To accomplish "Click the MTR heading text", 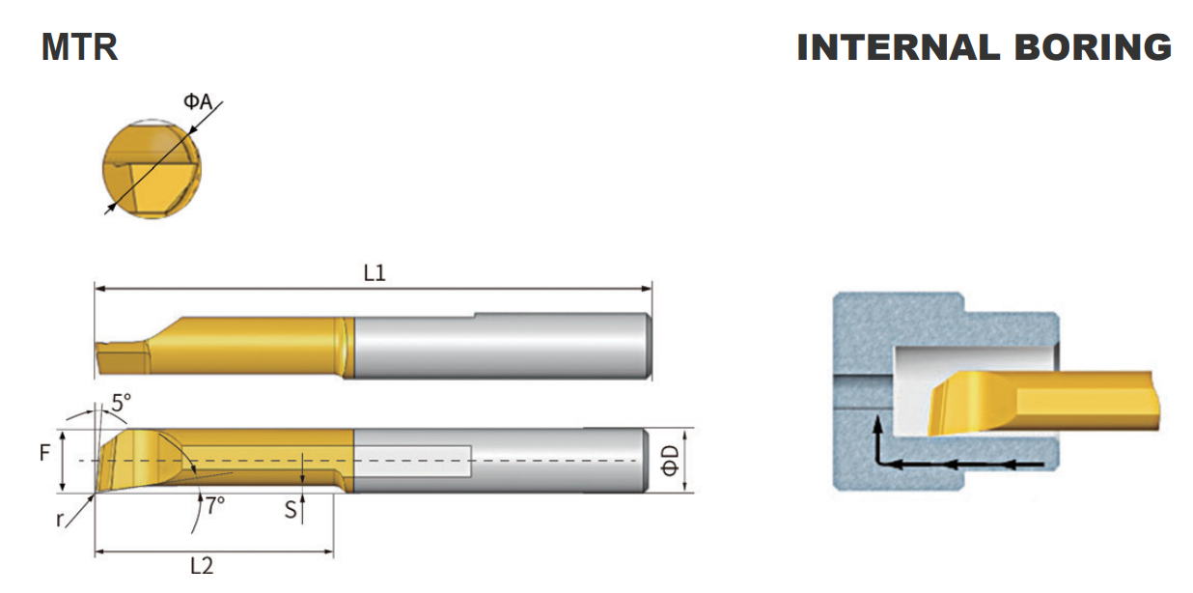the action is [x=79, y=47].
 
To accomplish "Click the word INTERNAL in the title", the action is [x=899, y=47].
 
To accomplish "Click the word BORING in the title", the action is [x=1093, y=47].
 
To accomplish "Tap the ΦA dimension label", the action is [x=198, y=101].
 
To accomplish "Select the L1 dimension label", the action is [x=375, y=273].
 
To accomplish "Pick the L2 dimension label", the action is [x=202, y=565].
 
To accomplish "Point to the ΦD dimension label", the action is [x=670, y=461].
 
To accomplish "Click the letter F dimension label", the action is [x=44, y=453].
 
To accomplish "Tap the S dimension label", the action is [x=291, y=510].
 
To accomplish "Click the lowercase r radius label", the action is [x=59, y=519].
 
